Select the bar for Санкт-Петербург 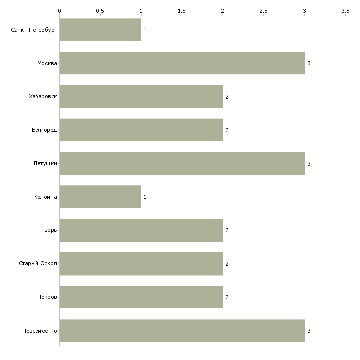click(100, 30)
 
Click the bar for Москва click(182, 63)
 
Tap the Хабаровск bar click(141, 97)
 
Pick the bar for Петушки click(182, 163)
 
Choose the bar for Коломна click(100, 197)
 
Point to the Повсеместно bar click(182, 330)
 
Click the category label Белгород click(44, 130)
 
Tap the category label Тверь click(49, 230)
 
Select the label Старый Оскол click(38, 263)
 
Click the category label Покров click(47, 297)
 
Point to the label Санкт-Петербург click(34, 30)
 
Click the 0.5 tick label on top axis click(100, 11)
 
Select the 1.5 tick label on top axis click(181, 11)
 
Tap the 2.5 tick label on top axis click(263, 11)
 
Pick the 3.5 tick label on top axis click(345, 11)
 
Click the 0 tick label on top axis click(60, 11)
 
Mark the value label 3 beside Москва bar click(309, 63)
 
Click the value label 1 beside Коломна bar click(145, 197)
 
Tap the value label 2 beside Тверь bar click(227, 230)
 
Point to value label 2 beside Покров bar click(227, 297)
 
